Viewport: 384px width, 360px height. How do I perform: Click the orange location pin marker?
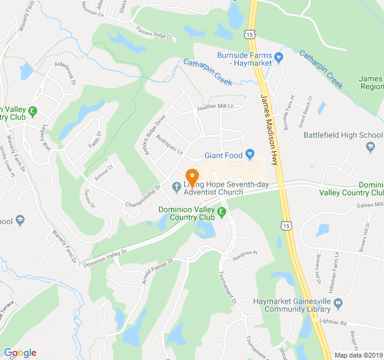(193, 177)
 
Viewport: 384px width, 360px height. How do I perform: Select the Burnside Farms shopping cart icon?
(279, 58)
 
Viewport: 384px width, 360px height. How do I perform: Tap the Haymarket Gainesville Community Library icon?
(338, 304)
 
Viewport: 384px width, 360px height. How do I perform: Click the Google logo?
(20, 353)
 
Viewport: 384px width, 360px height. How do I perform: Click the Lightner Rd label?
(352, 322)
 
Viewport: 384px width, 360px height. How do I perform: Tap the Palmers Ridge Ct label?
(154, 35)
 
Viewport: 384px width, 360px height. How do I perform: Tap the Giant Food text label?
(224, 155)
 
